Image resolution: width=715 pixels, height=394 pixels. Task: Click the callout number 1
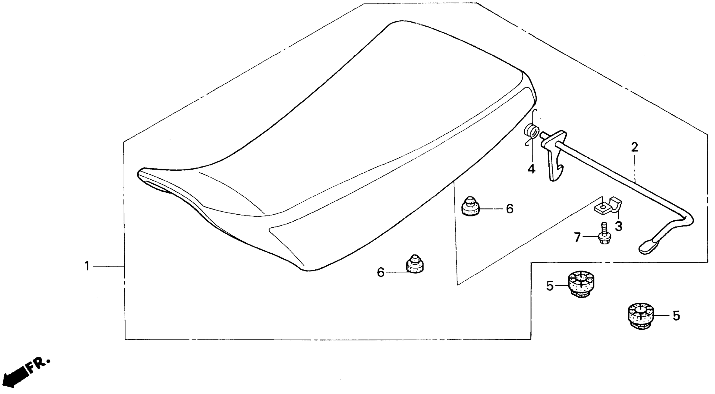tap(87, 266)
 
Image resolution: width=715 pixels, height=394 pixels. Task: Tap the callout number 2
tap(634, 147)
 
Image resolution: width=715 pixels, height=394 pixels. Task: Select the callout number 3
tap(618, 226)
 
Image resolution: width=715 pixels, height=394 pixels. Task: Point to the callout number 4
tap(531, 169)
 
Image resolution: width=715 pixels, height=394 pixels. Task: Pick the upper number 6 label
tap(510, 209)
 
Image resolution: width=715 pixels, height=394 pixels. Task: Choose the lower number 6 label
tap(381, 272)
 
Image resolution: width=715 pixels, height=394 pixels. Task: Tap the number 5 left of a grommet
tap(550, 286)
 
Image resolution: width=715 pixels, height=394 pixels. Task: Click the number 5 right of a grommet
tap(676, 316)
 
